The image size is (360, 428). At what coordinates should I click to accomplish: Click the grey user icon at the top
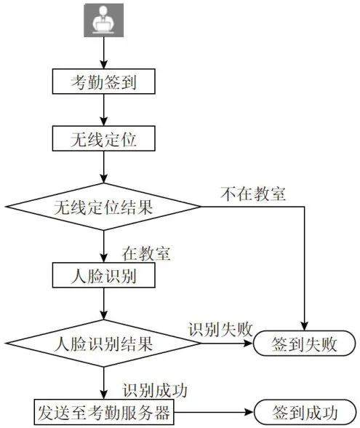(x=103, y=20)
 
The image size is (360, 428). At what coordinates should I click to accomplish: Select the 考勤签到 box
(x=103, y=82)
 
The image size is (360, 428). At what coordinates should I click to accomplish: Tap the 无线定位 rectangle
(x=103, y=138)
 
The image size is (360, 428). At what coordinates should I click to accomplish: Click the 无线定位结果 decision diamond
(x=103, y=207)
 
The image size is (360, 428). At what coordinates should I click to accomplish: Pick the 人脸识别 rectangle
(x=103, y=275)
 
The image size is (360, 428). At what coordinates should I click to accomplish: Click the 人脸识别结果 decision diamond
(x=103, y=344)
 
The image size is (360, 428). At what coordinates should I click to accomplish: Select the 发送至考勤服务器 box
(x=104, y=412)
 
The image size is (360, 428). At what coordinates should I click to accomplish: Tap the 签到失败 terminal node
(x=304, y=344)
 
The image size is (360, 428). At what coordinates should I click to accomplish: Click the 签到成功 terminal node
(x=305, y=412)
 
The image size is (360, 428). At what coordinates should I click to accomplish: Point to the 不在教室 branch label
(x=253, y=194)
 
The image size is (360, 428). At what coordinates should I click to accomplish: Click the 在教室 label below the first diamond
(x=146, y=253)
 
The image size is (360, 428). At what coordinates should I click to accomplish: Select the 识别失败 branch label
(x=220, y=330)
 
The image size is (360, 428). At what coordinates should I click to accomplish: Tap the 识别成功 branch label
(x=155, y=390)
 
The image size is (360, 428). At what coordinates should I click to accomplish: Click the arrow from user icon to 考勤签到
(x=103, y=52)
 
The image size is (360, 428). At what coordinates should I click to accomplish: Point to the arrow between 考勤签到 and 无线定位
(x=103, y=110)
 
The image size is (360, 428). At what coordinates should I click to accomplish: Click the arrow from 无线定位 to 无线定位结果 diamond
(x=103, y=167)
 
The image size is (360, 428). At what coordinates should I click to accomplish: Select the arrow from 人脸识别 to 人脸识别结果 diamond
(x=103, y=304)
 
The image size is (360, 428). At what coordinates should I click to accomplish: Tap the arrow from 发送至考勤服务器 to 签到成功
(x=214, y=412)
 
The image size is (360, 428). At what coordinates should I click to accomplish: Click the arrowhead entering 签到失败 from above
(x=304, y=326)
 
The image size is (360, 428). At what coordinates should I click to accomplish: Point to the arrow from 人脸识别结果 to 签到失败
(x=227, y=344)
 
